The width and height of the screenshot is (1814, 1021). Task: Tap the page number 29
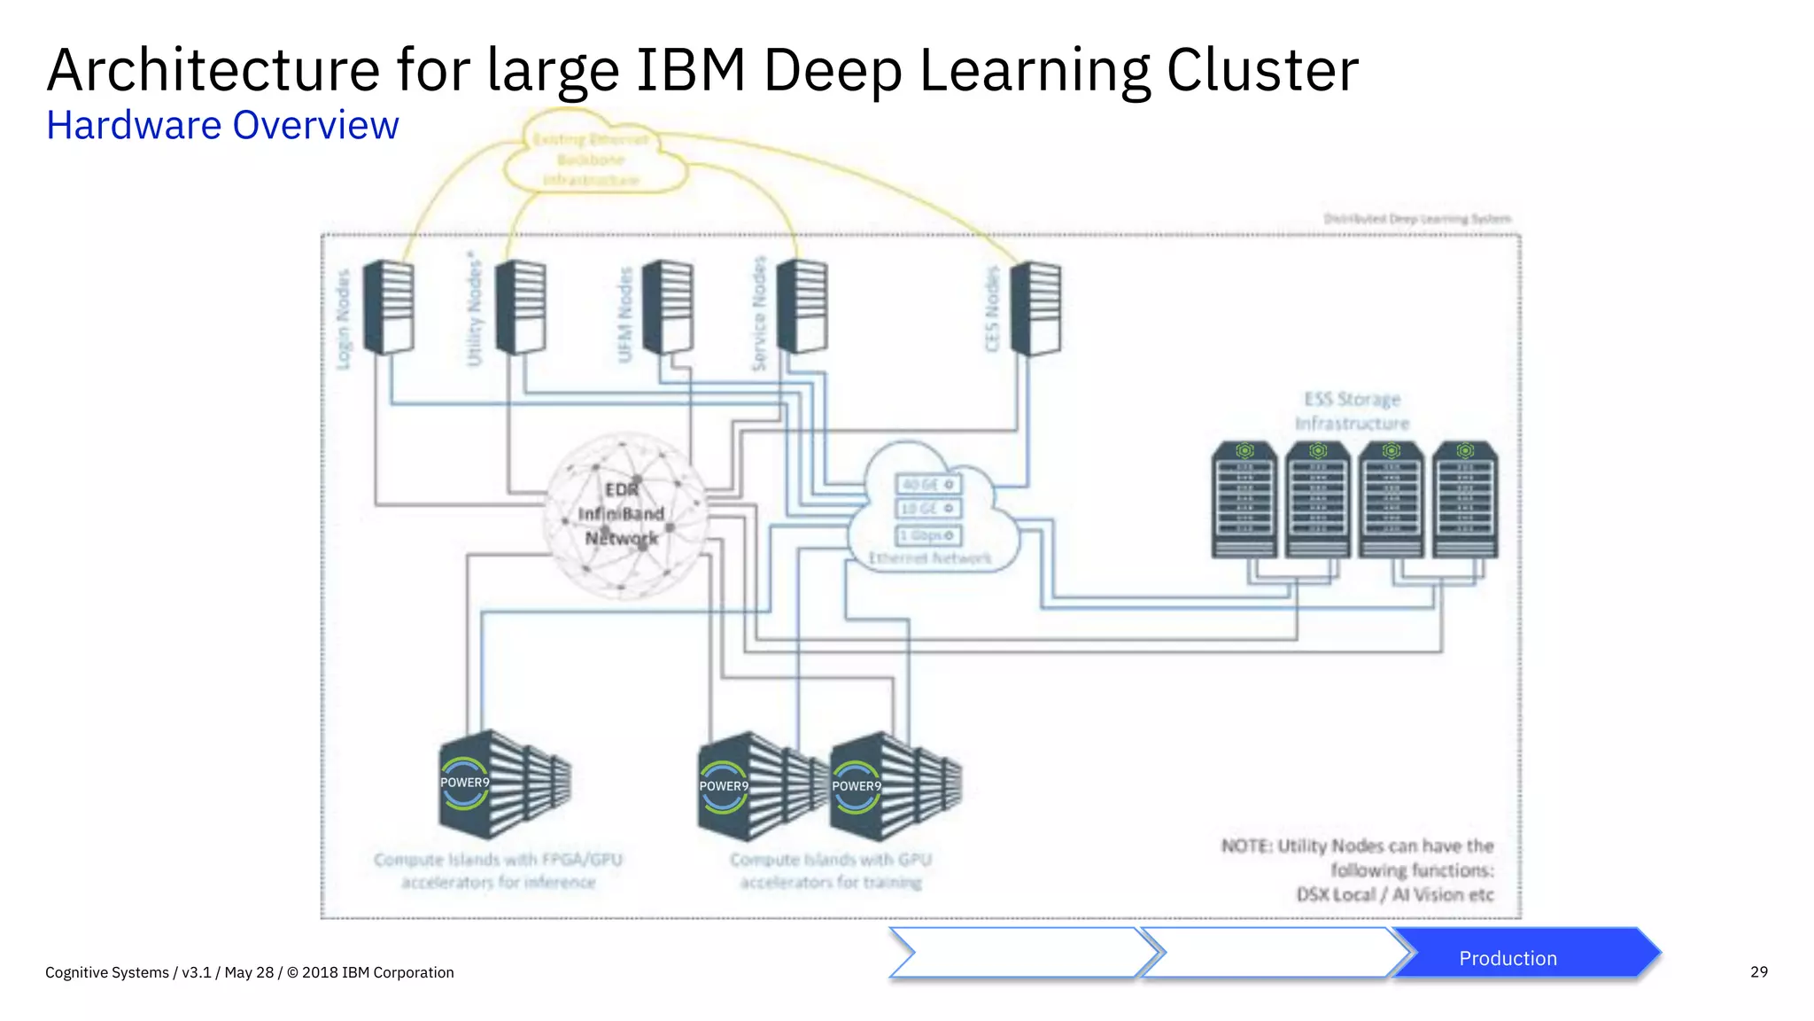pos(1758,972)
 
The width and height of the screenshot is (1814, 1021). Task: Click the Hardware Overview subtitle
pos(222,126)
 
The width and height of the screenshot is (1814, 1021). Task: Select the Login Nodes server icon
pos(389,307)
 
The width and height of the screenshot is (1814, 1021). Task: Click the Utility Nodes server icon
pos(521,307)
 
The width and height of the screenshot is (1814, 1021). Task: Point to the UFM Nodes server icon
pos(668,307)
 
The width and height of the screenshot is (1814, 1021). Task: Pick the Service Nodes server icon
pos(802,307)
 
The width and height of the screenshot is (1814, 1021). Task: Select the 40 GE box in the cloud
pos(928,485)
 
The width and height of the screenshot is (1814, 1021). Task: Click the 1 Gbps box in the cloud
pos(928,535)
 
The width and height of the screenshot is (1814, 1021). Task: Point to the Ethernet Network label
pos(930,558)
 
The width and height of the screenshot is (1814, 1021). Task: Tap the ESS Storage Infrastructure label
pos(1352,411)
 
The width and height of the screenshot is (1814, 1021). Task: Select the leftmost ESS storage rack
pos(1244,501)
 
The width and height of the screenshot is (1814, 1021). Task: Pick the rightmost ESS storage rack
pos(1465,501)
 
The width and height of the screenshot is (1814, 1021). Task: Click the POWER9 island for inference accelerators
pos(503,785)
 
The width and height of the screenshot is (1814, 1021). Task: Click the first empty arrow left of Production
pos(1019,954)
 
